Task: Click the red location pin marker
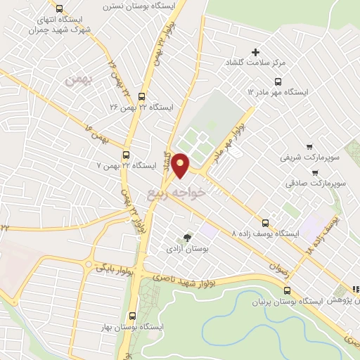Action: (x=181, y=165)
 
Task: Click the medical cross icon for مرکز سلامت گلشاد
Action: (x=255, y=52)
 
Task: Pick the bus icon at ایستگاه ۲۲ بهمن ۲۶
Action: (x=142, y=96)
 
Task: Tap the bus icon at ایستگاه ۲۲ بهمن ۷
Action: (x=127, y=155)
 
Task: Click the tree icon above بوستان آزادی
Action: (x=186, y=238)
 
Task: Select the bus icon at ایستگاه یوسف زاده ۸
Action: (x=265, y=221)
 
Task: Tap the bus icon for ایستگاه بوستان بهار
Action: (x=133, y=316)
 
